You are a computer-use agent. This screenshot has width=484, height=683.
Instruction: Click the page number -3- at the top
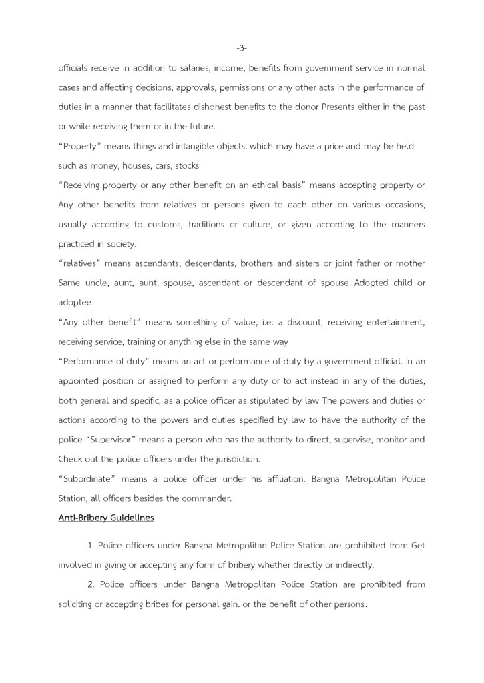[242, 48]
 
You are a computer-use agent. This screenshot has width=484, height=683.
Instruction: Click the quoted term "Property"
[81, 146]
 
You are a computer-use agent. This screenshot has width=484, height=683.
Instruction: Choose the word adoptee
[75, 303]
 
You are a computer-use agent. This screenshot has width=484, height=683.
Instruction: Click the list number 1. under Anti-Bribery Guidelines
[92, 546]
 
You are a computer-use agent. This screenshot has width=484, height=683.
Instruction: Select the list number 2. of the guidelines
[92, 585]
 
